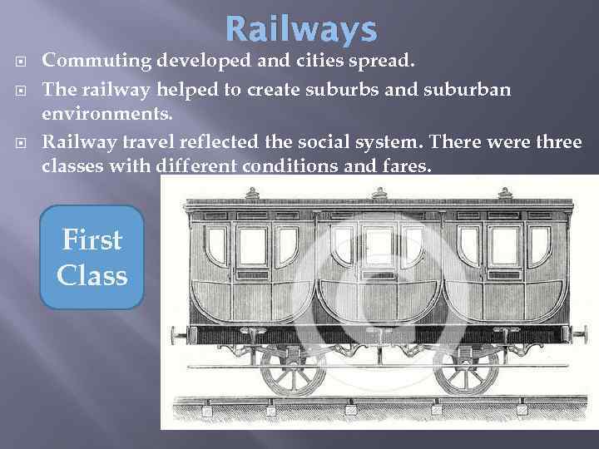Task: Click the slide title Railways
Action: (x=300, y=30)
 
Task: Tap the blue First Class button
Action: (x=92, y=257)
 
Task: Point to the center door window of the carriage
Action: (x=378, y=244)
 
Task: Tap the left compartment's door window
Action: (x=252, y=244)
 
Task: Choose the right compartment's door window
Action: (x=502, y=244)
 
